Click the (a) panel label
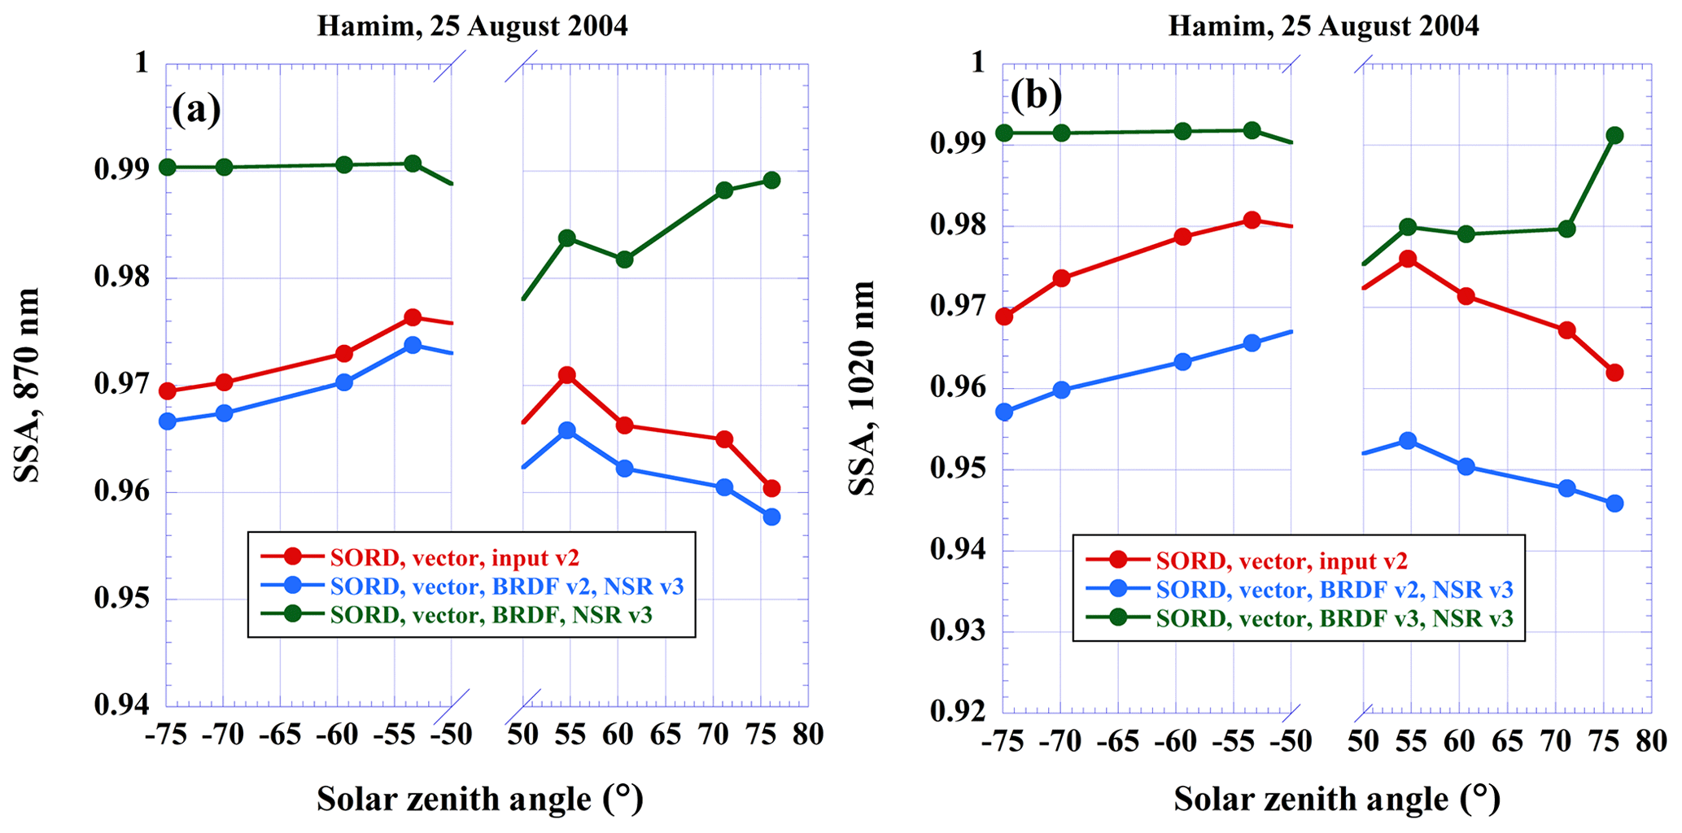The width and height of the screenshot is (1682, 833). (x=196, y=109)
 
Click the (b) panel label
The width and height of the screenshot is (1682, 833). (x=1036, y=96)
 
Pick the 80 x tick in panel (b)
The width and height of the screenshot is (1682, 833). (x=1650, y=741)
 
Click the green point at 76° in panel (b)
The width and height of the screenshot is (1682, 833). (x=1614, y=135)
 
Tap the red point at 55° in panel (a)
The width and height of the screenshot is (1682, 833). (x=567, y=375)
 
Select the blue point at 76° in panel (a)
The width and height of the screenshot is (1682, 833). (x=771, y=517)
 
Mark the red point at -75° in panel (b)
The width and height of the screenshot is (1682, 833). (x=1004, y=316)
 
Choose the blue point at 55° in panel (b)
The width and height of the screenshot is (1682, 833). (x=1408, y=441)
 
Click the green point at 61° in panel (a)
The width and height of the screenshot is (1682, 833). (x=624, y=259)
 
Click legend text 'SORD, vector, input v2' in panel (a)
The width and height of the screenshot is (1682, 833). (x=454, y=558)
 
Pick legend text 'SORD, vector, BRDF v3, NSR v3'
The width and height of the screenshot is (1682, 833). (x=1335, y=618)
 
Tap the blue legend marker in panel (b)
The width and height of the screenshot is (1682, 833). (x=1119, y=589)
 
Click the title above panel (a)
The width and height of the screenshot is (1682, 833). (x=472, y=26)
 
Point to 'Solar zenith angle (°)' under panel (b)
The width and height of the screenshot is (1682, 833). (x=1337, y=800)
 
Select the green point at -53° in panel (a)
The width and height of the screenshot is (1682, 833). (x=413, y=164)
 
